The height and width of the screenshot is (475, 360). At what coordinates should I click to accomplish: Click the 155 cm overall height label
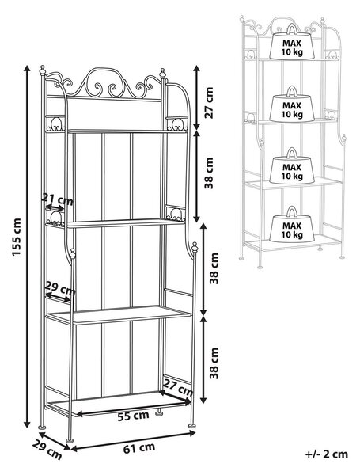(x=17, y=237)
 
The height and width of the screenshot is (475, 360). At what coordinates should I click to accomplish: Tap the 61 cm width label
(x=139, y=448)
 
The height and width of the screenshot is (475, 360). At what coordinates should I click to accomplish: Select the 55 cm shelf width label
(x=133, y=416)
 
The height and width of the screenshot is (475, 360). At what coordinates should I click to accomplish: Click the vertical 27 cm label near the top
(x=209, y=102)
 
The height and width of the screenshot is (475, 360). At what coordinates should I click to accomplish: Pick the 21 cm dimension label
(x=57, y=199)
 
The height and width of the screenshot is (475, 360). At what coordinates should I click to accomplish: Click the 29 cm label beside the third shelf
(x=60, y=289)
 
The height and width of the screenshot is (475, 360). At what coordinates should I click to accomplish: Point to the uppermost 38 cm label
(x=209, y=173)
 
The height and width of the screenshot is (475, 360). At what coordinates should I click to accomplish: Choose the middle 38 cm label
(x=214, y=268)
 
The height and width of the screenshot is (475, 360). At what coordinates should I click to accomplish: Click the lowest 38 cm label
(x=214, y=363)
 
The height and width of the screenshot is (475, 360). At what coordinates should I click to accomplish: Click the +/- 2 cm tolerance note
(x=327, y=454)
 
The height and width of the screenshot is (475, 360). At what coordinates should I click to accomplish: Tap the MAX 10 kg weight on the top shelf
(x=292, y=42)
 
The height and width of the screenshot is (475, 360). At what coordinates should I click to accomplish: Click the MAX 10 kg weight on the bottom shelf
(x=292, y=224)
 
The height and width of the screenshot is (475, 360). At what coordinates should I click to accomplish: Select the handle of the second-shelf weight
(x=292, y=91)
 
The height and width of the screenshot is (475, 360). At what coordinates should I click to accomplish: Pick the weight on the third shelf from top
(x=292, y=165)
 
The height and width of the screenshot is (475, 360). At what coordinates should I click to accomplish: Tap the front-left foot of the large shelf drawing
(x=70, y=440)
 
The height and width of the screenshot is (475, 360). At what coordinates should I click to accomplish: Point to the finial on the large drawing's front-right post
(x=195, y=247)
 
